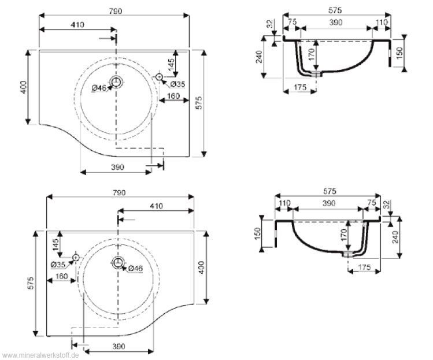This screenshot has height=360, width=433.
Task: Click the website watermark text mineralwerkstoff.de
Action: [40, 354]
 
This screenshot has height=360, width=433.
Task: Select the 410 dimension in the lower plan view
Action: [156, 206]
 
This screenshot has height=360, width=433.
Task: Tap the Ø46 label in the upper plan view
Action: [99, 88]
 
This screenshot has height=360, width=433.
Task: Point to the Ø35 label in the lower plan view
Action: [58, 265]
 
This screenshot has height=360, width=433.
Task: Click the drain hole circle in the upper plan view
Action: [117, 81]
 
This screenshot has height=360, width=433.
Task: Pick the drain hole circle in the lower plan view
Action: [119, 262]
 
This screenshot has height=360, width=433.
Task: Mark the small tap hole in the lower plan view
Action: [76, 257]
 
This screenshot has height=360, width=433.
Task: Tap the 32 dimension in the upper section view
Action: [269, 25]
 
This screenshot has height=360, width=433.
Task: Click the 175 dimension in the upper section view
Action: [299, 87]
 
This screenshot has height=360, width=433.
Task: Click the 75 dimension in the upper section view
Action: [293, 22]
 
